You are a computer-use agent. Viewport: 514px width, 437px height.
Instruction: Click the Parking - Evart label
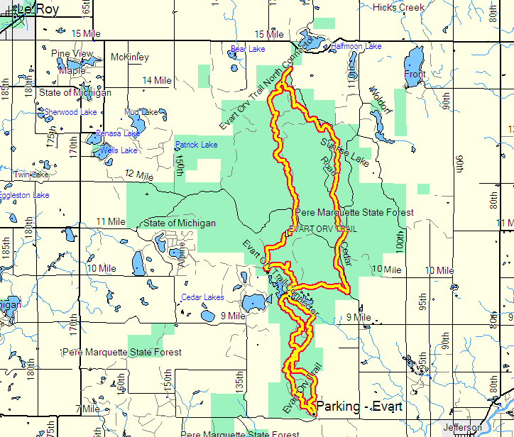pyautogui.click(x=359, y=406)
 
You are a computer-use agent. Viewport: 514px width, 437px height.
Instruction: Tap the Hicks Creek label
pyautogui.click(x=398, y=7)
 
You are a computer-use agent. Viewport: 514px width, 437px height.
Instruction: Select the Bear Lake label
pyautogui.click(x=248, y=49)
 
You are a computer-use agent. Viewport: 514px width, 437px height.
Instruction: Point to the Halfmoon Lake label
pyautogui.click(x=356, y=46)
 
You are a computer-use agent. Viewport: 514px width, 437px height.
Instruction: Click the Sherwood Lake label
pyautogui.click(x=70, y=112)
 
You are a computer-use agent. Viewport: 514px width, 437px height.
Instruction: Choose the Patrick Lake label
pyautogui.click(x=197, y=145)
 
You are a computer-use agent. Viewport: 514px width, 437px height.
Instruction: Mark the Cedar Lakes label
pyautogui.click(x=202, y=297)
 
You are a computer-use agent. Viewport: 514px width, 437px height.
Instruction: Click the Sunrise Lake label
pyautogui.click(x=344, y=152)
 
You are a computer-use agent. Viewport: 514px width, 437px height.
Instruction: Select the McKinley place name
pyautogui.click(x=130, y=57)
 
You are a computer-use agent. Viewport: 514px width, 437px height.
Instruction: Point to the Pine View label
pyautogui.click(x=72, y=54)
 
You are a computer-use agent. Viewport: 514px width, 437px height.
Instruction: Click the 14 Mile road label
pyautogui.click(x=157, y=81)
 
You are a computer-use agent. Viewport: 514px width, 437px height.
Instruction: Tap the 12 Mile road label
pyautogui.click(x=139, y=175)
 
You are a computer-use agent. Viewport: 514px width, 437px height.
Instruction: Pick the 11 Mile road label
pyautogui.click(x=110, y=222)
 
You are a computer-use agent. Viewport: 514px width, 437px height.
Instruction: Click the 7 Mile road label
pyautogui.click(x=87, y=409)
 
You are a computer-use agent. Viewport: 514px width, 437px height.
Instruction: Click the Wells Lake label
pyautogui.click(x=119, y=150)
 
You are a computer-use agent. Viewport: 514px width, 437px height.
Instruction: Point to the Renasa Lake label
pyautogui.click(x=118, y=133)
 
